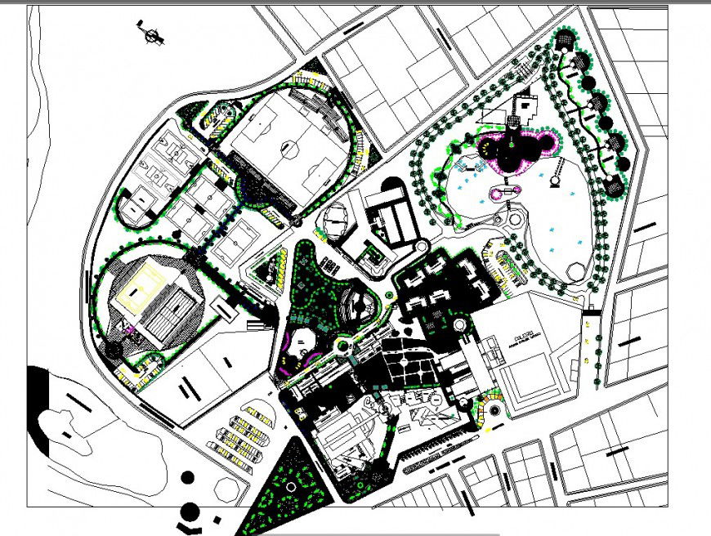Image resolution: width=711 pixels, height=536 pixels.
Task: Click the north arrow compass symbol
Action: (x=151, y=35)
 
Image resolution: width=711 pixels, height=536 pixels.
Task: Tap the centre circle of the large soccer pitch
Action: (x=288, y=148)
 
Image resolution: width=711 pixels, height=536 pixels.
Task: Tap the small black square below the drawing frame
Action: (x=216, y=518)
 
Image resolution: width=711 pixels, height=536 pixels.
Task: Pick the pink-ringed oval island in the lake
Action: (x=504, y=191)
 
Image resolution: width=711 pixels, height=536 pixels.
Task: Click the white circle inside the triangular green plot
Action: (x=290, y=486)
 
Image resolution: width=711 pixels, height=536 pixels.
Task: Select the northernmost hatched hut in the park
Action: (x=564, y=38)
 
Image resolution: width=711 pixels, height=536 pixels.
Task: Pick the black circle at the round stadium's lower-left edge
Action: (x=114, y=349)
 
